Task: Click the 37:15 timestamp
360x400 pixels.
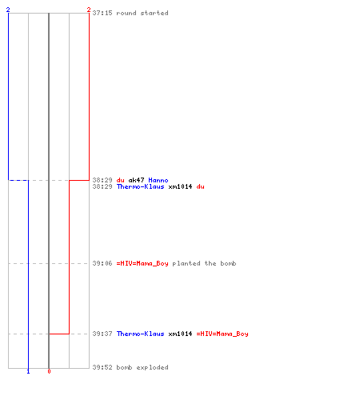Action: coord(102,13)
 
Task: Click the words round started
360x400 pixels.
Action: coord(142,13)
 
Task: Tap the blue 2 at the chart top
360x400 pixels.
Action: coord(8,10)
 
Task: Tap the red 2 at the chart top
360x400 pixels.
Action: coord(89,10)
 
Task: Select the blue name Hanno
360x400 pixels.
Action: coord(158,180)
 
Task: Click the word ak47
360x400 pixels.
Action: coord(136,180)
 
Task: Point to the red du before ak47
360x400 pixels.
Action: coord(121,180)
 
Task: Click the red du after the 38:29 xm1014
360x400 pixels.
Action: coord(201,186)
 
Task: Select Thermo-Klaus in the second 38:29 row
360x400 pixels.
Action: coord(141,186)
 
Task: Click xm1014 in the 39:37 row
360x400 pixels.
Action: coord(180,334)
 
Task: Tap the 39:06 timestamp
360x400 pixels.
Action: coord(102,263)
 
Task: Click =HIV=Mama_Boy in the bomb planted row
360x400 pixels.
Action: coord(142,263)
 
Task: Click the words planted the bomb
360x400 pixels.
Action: coord(204,263)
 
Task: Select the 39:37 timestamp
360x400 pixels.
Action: coord(102,334)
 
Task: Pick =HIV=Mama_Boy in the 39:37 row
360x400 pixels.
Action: coord(222,334)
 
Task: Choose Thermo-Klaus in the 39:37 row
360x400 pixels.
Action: coord(141,334)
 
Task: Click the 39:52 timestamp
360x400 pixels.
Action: coord(102,367)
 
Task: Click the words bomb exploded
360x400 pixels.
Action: coord(142,367)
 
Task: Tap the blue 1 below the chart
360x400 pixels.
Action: coord(28,371)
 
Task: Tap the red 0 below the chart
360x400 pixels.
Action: coord(49,371)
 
